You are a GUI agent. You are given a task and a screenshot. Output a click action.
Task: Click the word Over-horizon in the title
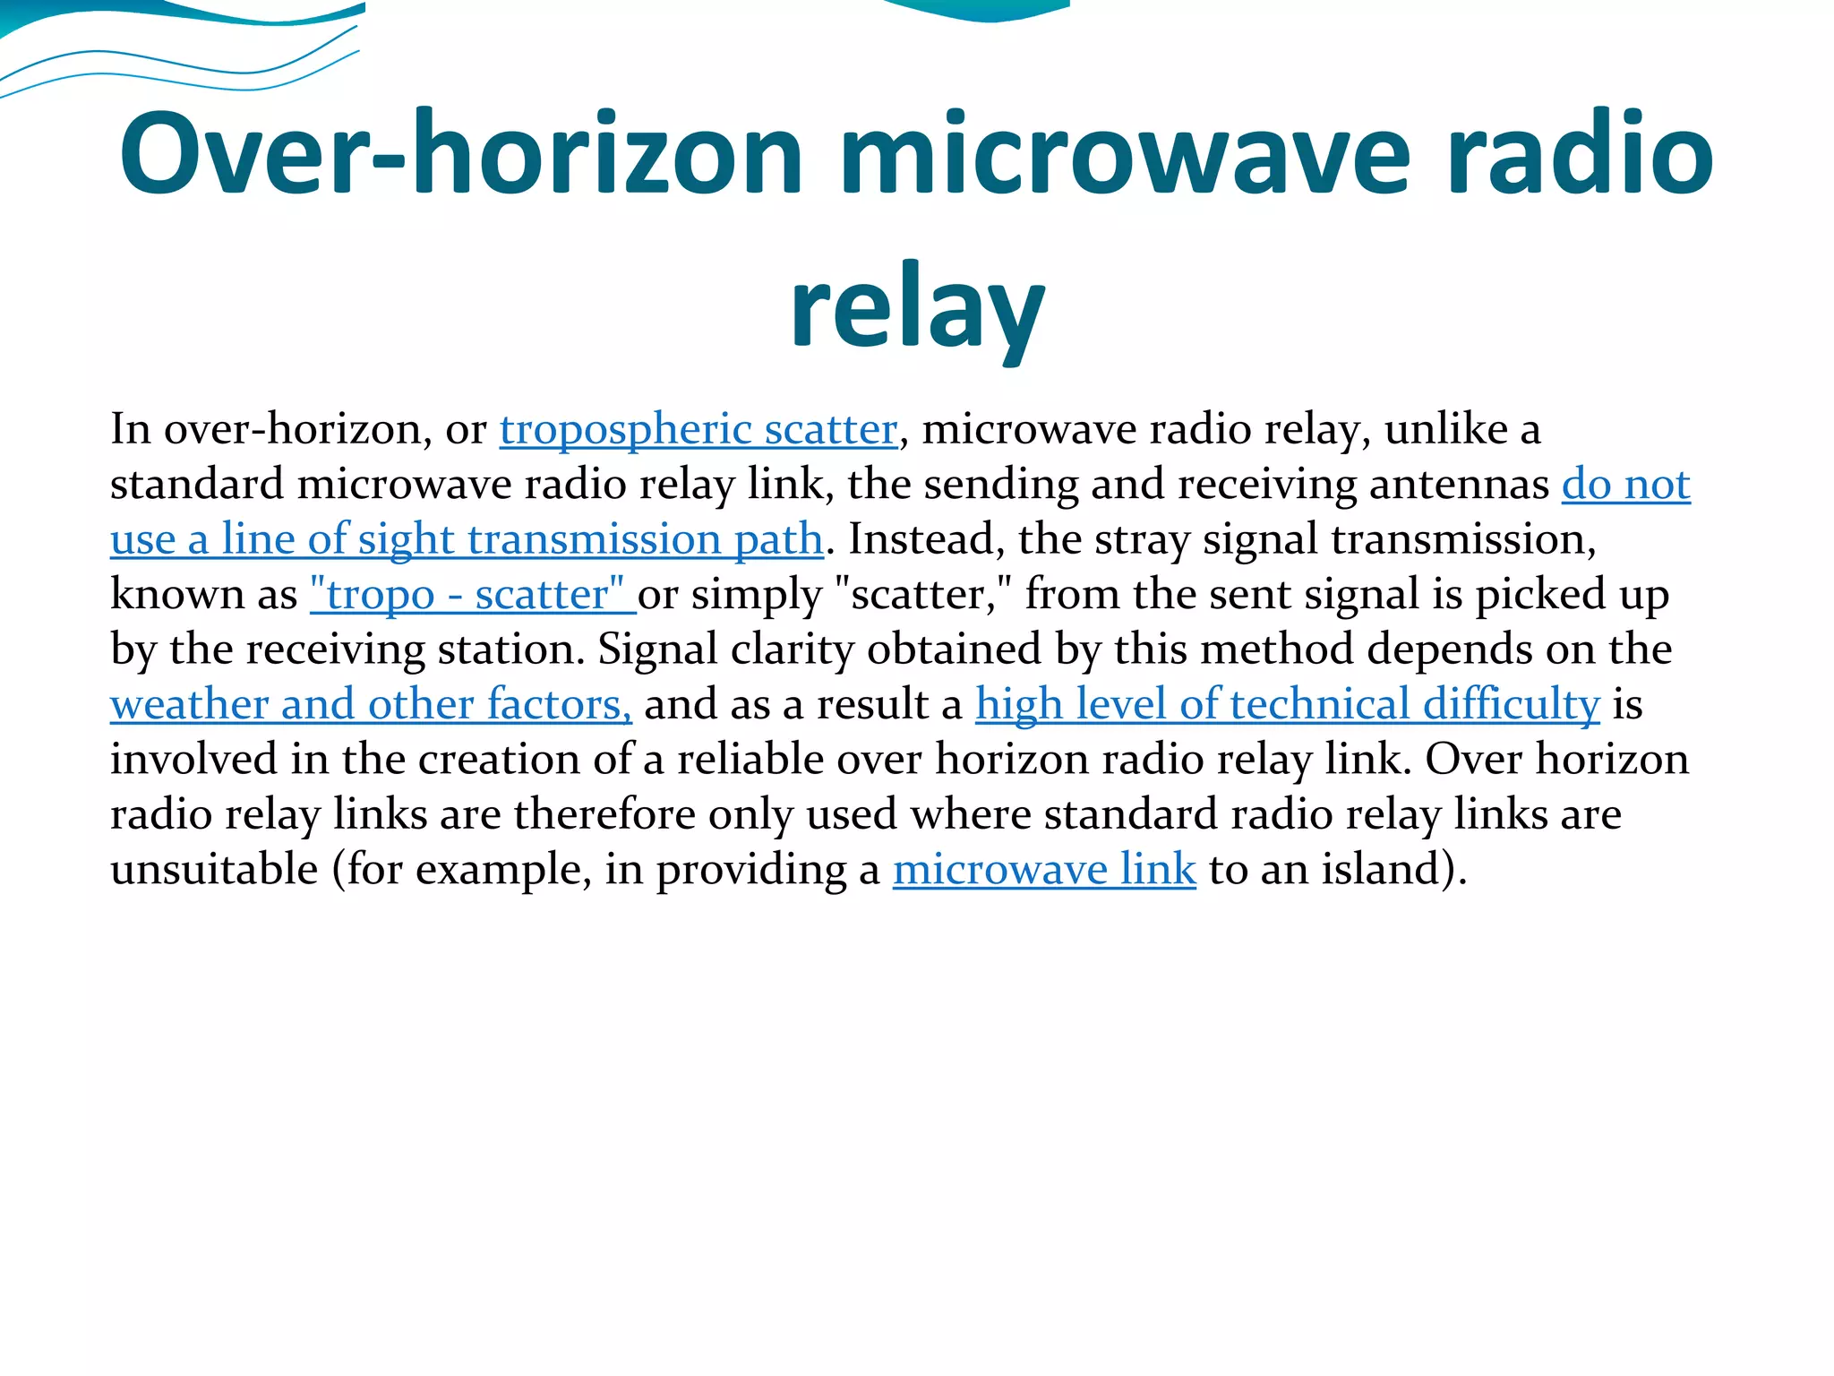[x=461, y=154]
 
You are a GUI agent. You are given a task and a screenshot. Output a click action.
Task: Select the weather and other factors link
[x=371, y=705]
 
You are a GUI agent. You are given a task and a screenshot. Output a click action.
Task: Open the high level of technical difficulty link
[x=1287, y=705]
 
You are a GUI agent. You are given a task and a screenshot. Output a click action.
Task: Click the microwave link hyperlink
[x=1044, y=870]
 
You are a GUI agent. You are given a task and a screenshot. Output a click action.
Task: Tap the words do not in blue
[x=1625, y=485]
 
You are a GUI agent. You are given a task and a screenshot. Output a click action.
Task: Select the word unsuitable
[x=214, y=870]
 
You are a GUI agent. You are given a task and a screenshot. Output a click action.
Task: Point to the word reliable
[x=750, y=760]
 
